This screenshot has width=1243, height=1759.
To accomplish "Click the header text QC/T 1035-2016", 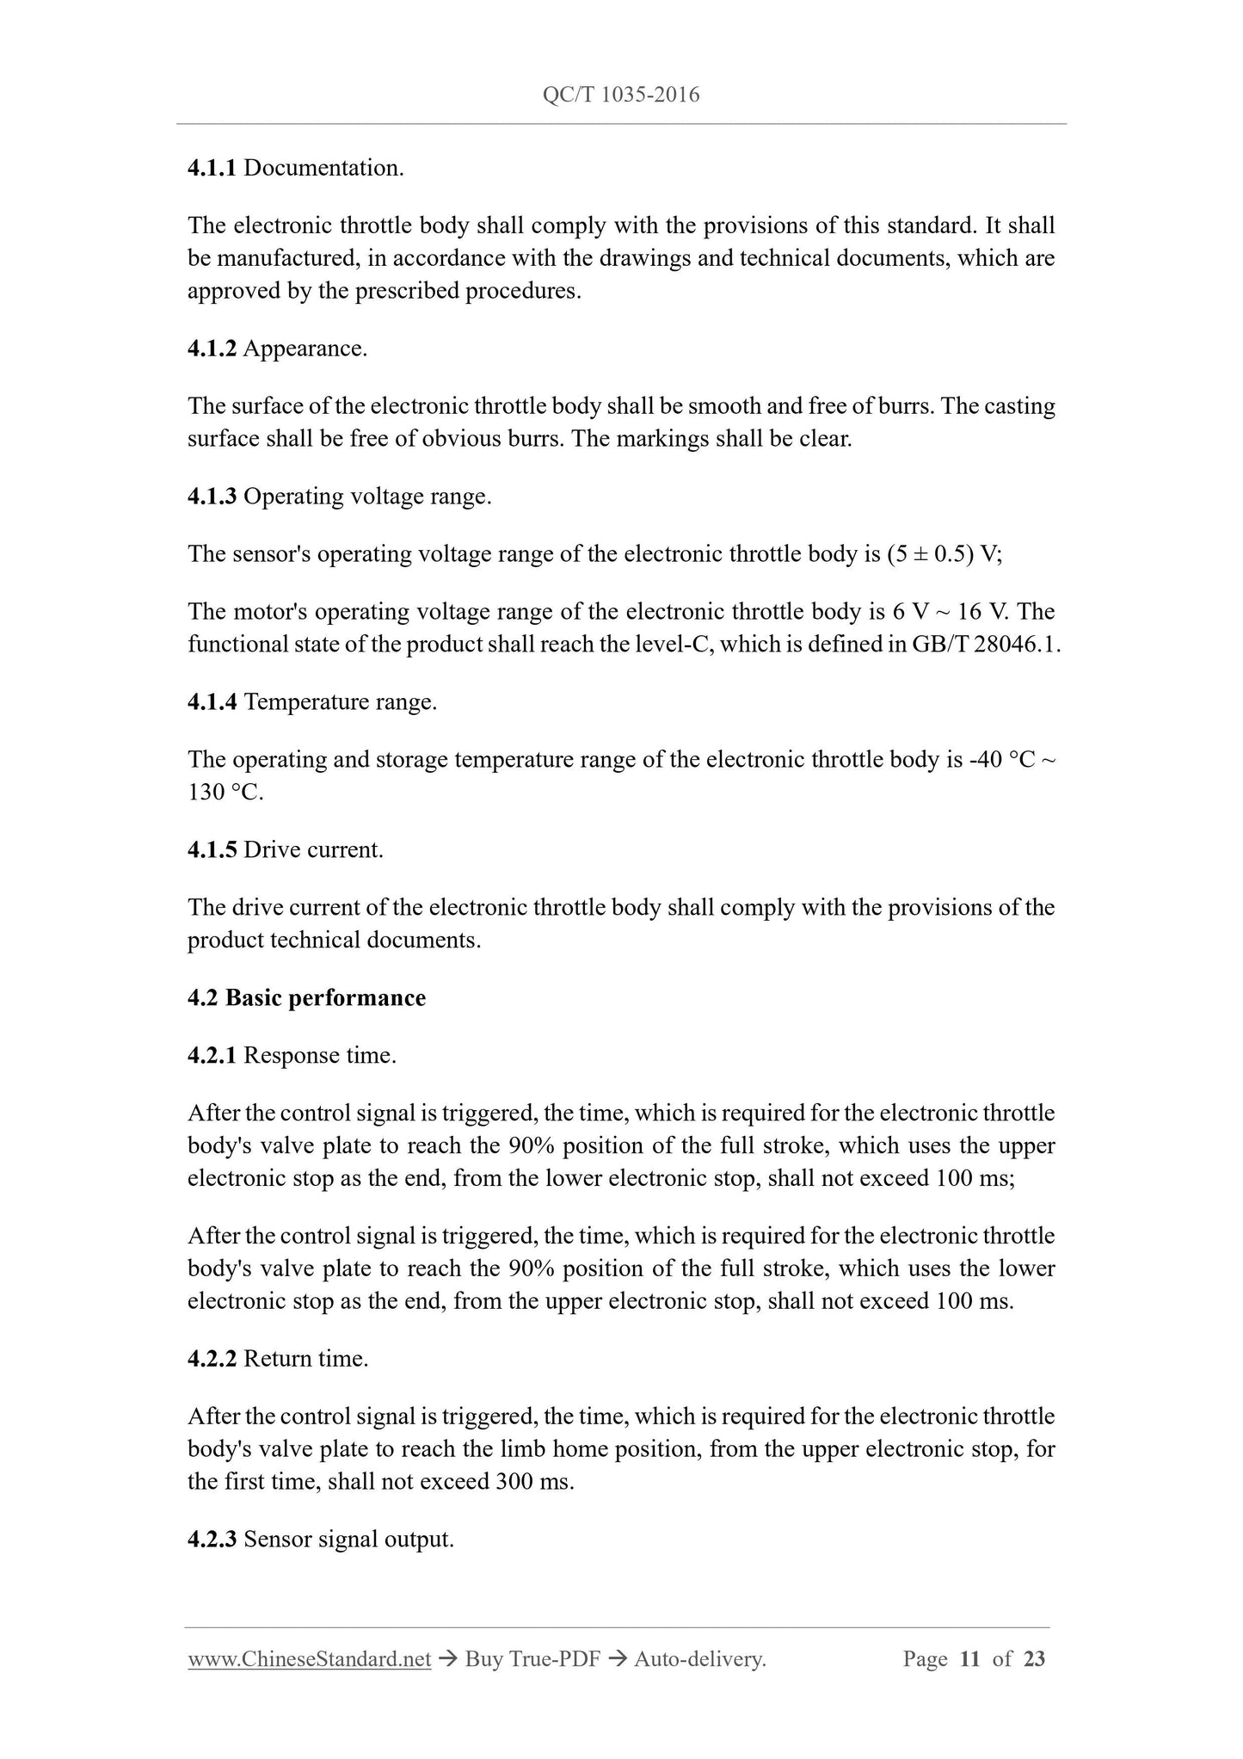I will pos(621,95).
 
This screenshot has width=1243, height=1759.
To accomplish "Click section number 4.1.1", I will pos(212,168).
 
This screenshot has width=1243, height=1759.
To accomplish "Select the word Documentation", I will pos(323,168).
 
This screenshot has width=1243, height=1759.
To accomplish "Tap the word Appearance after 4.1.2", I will pos(305,349).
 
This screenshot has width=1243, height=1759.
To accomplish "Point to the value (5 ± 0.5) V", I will pos(943,554).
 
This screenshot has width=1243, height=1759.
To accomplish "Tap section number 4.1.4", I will pos(212,702).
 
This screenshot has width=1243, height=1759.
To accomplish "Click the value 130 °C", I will pos(225,793).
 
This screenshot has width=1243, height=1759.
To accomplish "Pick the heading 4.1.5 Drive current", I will pos(286,850).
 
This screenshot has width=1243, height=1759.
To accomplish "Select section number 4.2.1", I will pos(212,1056).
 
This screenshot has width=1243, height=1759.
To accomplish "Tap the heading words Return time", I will pos(305,1360).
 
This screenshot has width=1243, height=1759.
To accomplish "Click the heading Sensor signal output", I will pos(348,1540).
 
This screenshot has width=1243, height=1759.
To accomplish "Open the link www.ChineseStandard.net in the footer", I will pos(309,1659).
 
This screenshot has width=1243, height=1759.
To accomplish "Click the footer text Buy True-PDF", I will pos(532,1659).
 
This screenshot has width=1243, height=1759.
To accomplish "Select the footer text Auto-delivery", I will pos(699,1659).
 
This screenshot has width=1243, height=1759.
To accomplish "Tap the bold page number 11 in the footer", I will pos(969,1659).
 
